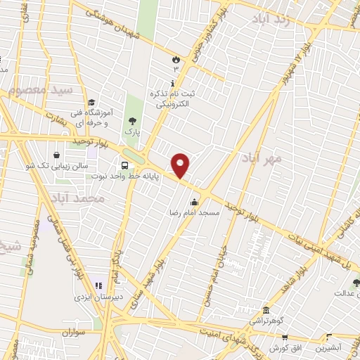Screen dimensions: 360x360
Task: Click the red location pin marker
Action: (181, 165)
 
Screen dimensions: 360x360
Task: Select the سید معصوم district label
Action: (42, 91)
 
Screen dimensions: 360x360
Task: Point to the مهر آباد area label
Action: (264, 160)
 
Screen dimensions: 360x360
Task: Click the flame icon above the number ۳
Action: (176, 59)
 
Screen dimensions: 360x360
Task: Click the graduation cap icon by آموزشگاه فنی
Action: (92, 101)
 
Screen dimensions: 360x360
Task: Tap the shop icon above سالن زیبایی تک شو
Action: (56, 155)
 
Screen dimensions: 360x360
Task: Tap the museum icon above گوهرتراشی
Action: (265, 311)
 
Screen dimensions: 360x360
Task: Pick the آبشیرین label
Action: (328, 347)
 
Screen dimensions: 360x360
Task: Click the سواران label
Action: (72, 331)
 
